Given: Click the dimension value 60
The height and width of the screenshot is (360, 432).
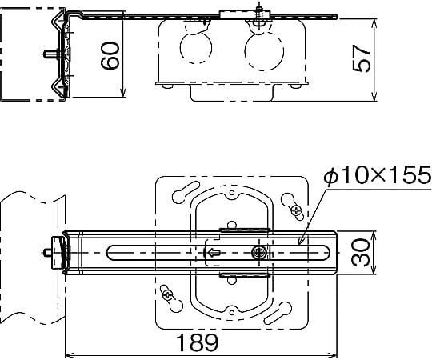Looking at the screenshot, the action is [110, 55].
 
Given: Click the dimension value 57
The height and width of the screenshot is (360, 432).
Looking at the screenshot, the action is [362, 58].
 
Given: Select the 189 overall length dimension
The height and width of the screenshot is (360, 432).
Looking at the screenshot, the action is [197, 342].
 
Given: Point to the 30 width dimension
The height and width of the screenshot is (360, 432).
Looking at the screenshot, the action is [361, 253].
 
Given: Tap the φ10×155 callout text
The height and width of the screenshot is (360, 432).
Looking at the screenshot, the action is [377, 175].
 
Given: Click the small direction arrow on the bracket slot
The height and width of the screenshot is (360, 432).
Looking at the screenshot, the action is [214, 252].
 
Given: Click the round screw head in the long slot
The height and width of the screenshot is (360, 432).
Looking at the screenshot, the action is [258, 252].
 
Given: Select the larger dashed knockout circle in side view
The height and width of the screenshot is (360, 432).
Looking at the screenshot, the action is [264, 51].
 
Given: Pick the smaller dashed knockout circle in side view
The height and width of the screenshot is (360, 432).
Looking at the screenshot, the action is [196, 48].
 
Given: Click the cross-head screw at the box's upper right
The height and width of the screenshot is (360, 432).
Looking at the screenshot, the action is [297, 211].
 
